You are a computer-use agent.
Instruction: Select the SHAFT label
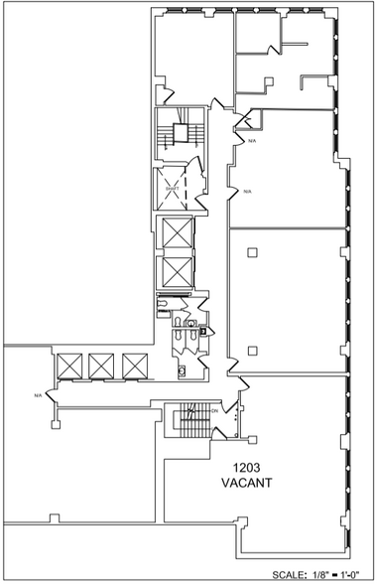(x=172, y=186)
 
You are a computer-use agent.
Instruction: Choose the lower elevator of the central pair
(x=175, y=269)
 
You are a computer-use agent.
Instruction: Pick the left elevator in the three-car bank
(x=70, y=365)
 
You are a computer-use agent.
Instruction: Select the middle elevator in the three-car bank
(x=102, y=365)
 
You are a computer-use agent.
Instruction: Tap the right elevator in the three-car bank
(x=133, y=365)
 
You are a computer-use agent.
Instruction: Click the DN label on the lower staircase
(x=214, y=410)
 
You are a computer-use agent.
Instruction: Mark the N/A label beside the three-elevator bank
(x=38, y=395)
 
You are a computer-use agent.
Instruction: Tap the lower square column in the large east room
(x=254, y=349)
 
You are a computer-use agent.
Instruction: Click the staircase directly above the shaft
(x=180, y=137)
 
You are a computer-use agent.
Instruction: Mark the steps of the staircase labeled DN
(x=186, y=423)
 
